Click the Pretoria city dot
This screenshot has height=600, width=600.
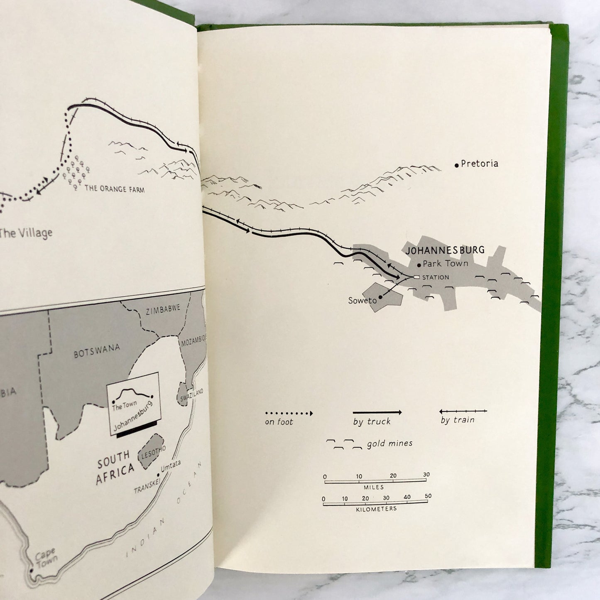(x=457, y=165)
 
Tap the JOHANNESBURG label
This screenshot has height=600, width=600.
(x=445, y=250)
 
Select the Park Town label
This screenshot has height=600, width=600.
(x=445, y=263)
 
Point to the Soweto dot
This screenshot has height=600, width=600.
(x=380, y=297)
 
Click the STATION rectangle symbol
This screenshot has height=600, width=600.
(x=416, y=277)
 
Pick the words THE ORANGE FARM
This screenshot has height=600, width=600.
(x=114, y=189)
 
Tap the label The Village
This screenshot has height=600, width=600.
(x=26, y=232)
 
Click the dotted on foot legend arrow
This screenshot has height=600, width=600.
(x=289, y=414)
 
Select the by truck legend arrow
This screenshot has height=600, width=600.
(x=377, y=413)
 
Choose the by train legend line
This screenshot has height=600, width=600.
(x=463, y=411)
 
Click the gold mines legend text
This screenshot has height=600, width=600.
(x=389, y=443)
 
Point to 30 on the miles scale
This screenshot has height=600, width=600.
(x=426, y=475)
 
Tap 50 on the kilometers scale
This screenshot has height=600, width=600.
(x=428, y=496)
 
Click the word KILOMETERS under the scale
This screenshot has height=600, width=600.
(x=376, y=509)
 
